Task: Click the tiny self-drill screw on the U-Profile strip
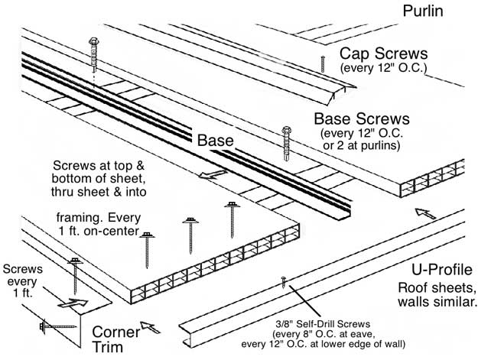click(x=284, y=281)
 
